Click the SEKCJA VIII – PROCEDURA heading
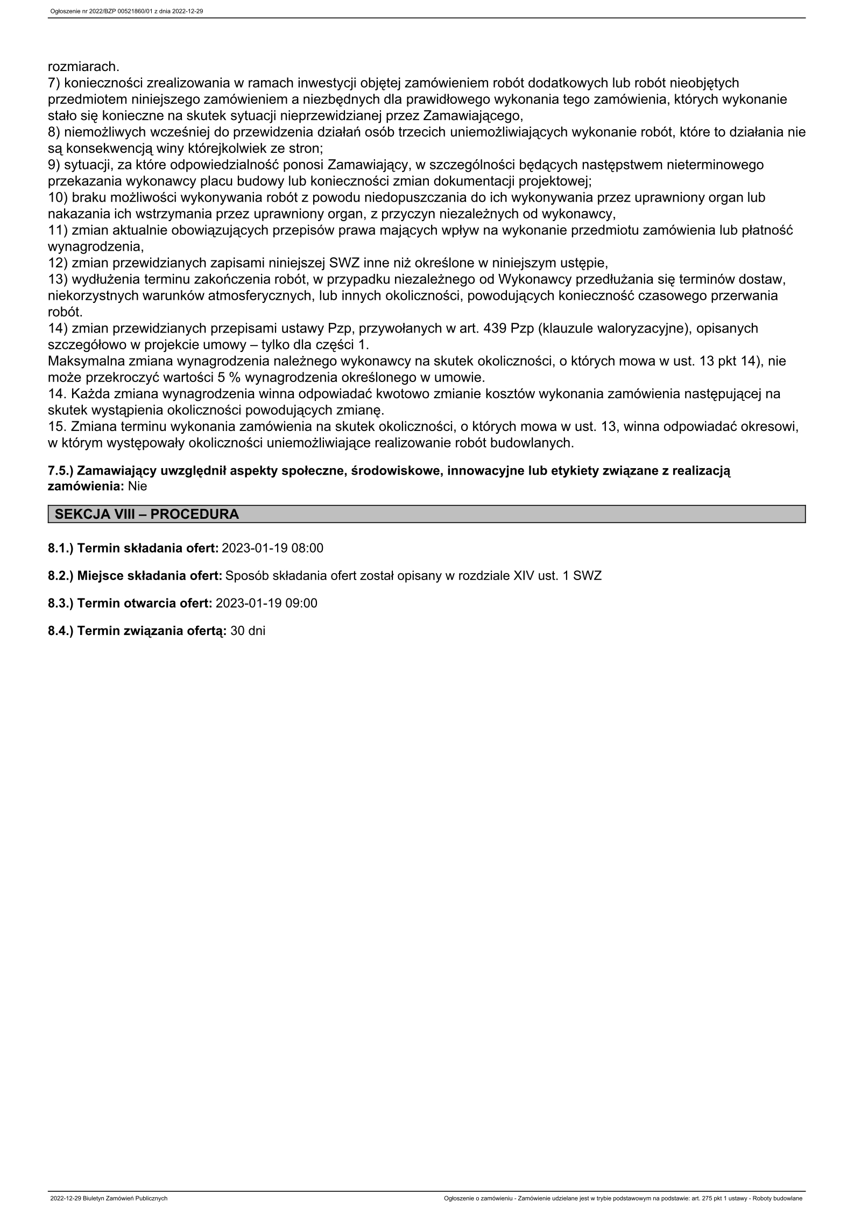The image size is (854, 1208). click(x=147, y=514)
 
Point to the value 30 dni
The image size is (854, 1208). click(x=248, y=631)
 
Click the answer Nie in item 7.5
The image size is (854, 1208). click(x=137, y=486)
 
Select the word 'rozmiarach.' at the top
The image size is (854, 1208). click(x=83, y=67)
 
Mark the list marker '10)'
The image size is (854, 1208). click(x=58, y=197)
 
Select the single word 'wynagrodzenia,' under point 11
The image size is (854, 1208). click(x=96, y=247)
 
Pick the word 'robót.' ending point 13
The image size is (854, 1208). click(x=66, y=312)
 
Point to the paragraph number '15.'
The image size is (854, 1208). click(x=57, y=427)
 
